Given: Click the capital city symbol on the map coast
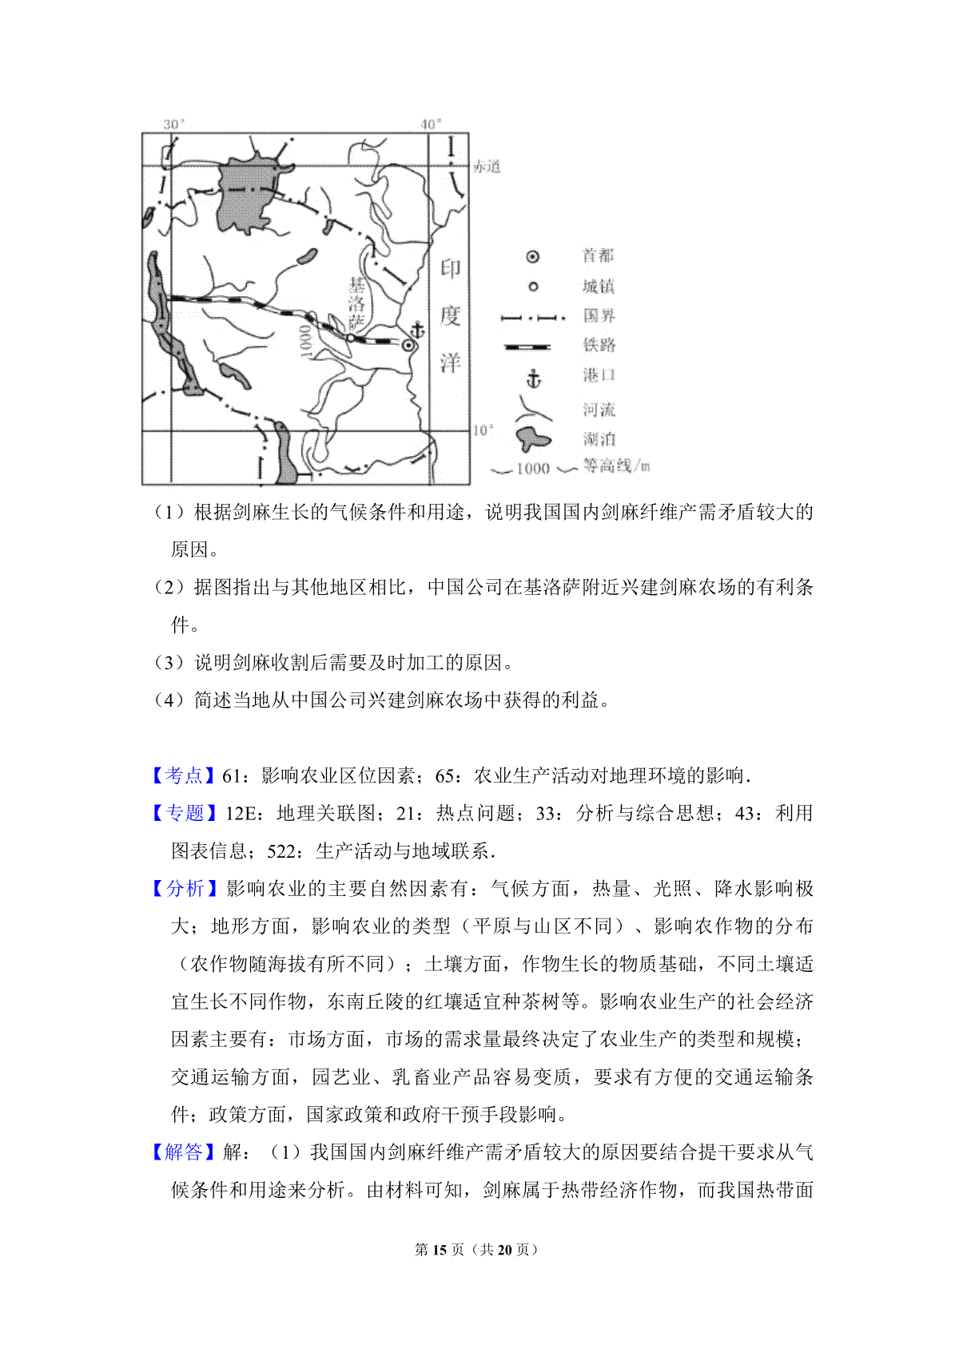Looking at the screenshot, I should (409, 345).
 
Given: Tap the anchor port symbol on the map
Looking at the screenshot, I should (416, 330).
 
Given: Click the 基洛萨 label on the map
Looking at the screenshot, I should (356, 303).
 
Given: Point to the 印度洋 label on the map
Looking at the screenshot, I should (450, 315).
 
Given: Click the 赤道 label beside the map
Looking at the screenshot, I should (487, 166).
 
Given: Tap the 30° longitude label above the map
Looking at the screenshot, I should (173, 124).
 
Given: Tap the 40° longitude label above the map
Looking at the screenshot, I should (431, 124).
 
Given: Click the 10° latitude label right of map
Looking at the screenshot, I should (482, 430).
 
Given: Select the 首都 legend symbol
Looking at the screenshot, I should (533, 256).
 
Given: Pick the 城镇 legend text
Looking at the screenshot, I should (598, 286).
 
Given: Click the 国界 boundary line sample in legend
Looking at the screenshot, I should (532, 317).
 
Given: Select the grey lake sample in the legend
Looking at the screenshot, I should (533, 438).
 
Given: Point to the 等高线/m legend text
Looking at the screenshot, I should (616, 466).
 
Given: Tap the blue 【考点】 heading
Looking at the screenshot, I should (184, 775).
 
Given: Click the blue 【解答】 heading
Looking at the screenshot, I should (184, 1152).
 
